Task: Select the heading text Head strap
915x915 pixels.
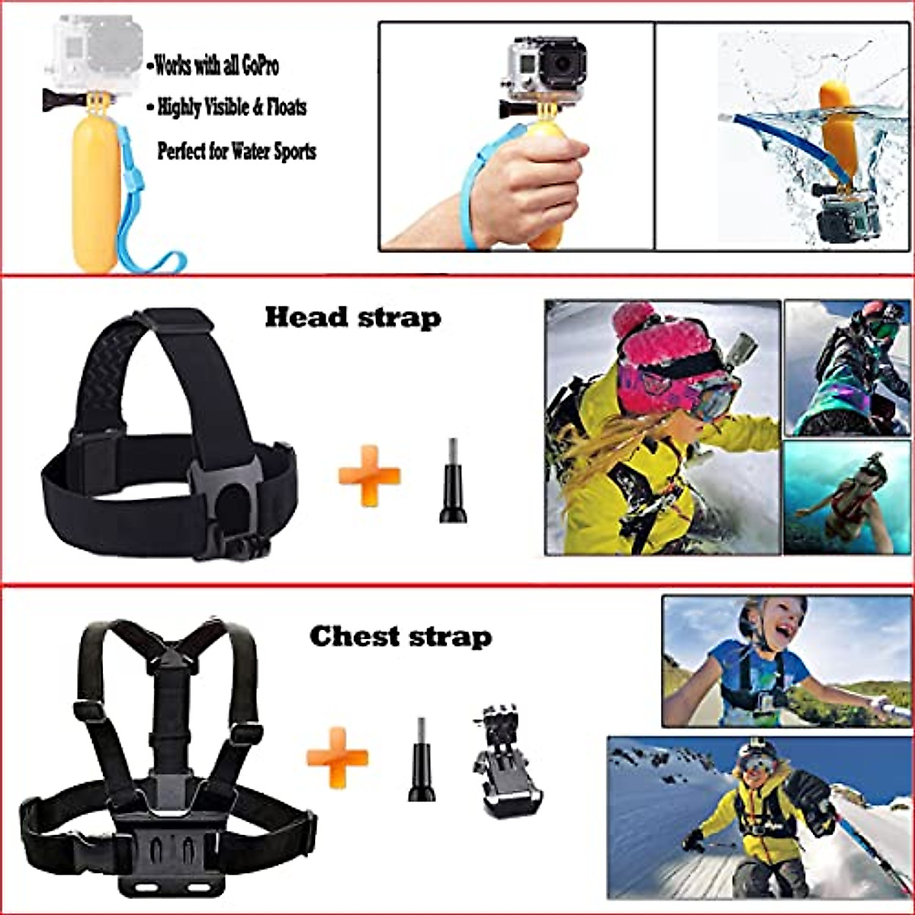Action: click(x=352, y=317)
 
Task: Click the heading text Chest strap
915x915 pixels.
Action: click(x=400, y=636)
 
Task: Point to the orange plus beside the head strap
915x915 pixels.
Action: click(x=369, y=476)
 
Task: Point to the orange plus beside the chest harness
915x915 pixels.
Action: click(x=337, y=756)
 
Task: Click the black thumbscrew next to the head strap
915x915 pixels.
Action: click(x=453, y=482)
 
